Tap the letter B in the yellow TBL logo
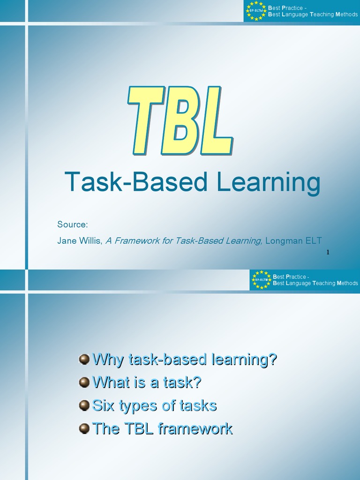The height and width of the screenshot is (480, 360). [179, 121]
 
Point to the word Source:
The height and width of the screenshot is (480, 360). [73, 224]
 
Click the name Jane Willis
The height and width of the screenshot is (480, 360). [79, 241]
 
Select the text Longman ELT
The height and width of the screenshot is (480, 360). [293, 241]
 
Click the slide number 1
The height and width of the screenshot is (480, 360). [328, 253]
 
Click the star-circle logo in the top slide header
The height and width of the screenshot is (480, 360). [256, 11]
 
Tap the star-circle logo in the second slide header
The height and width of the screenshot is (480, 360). [261, 280]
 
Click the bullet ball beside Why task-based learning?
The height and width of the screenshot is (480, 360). [84, 360]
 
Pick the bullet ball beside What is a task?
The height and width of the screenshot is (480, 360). [84, 382]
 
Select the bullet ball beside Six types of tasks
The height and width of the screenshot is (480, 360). [84, 405]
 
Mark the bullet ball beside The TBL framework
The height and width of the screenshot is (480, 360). [84, 428]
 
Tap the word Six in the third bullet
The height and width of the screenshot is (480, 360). [104, 405]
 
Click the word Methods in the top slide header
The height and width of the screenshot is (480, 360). [346, 15]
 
